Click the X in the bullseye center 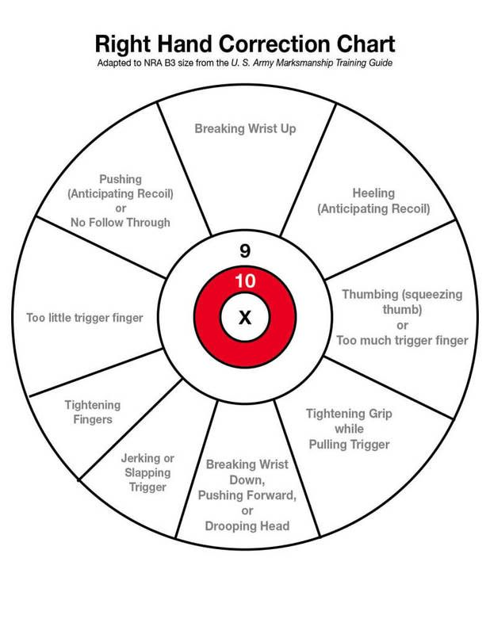(x=245, y=318)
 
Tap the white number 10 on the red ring (x=245, y=281)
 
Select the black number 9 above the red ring (x=245, y=251)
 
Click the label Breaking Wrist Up (x=245, y=128)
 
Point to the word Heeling (x=373, y=193)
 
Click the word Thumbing (x=370, y=294)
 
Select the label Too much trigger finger (x=402, y=341)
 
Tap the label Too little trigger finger (x=84, y=319)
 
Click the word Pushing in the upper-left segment (x=121, y=178)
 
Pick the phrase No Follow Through (x=121, y=223)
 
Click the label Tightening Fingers (x=88, y=411)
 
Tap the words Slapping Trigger (x=147, y=479)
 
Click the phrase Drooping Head (x=247, y=525)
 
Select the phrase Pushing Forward (x=247, y=495)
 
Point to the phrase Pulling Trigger (x=348, y=445)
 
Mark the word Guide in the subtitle (x=377, y=62)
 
